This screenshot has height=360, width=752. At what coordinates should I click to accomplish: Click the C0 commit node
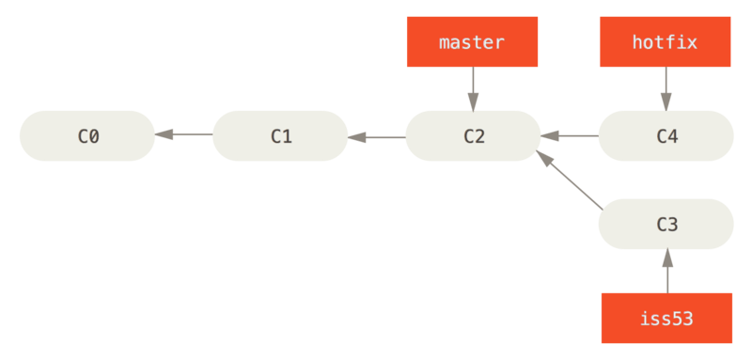pyautogui.click(x=86, y=135)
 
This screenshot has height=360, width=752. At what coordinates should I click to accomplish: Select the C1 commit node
pyautogui.click(x=280, y=135)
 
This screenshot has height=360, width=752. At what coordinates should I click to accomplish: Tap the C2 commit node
pyautogui.click(x=473, y=135)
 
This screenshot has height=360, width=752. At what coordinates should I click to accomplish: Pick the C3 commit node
pyautogui.click(x=666, y=224)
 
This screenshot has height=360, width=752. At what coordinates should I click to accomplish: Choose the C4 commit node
pyautogui.click(x=666, y=135)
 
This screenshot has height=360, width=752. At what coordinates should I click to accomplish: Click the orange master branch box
pyautogui.click(x=472, y=42)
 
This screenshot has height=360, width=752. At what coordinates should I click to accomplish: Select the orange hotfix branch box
pyautogui.click(x=666, y=42)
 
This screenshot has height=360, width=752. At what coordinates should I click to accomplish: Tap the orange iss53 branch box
pyautogui.click(x=666, y=318)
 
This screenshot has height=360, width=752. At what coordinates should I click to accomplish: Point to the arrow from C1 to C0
pyautogui.click(x=183, y=135)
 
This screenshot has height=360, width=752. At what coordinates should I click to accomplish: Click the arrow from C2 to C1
pyautogui.click(x=377, y=137)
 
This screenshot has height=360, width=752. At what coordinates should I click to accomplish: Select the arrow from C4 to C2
pyautogui.click(x=570, y=136)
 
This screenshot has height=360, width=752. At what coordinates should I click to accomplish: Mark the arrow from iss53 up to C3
pyautogui.click(x=666, y=271)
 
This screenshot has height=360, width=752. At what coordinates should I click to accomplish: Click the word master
pyautogui.click(x=472, y=42)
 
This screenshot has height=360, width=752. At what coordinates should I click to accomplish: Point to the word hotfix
pyautogui.click(x=666, y=42)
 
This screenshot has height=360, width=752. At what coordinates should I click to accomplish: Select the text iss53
pyautogui.click(x=666, y=318)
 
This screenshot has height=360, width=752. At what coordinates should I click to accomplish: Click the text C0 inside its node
pyautogui.click(x=86, y=135)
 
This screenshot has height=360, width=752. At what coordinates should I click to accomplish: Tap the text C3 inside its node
pyautogui.click(x=666, y=224)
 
